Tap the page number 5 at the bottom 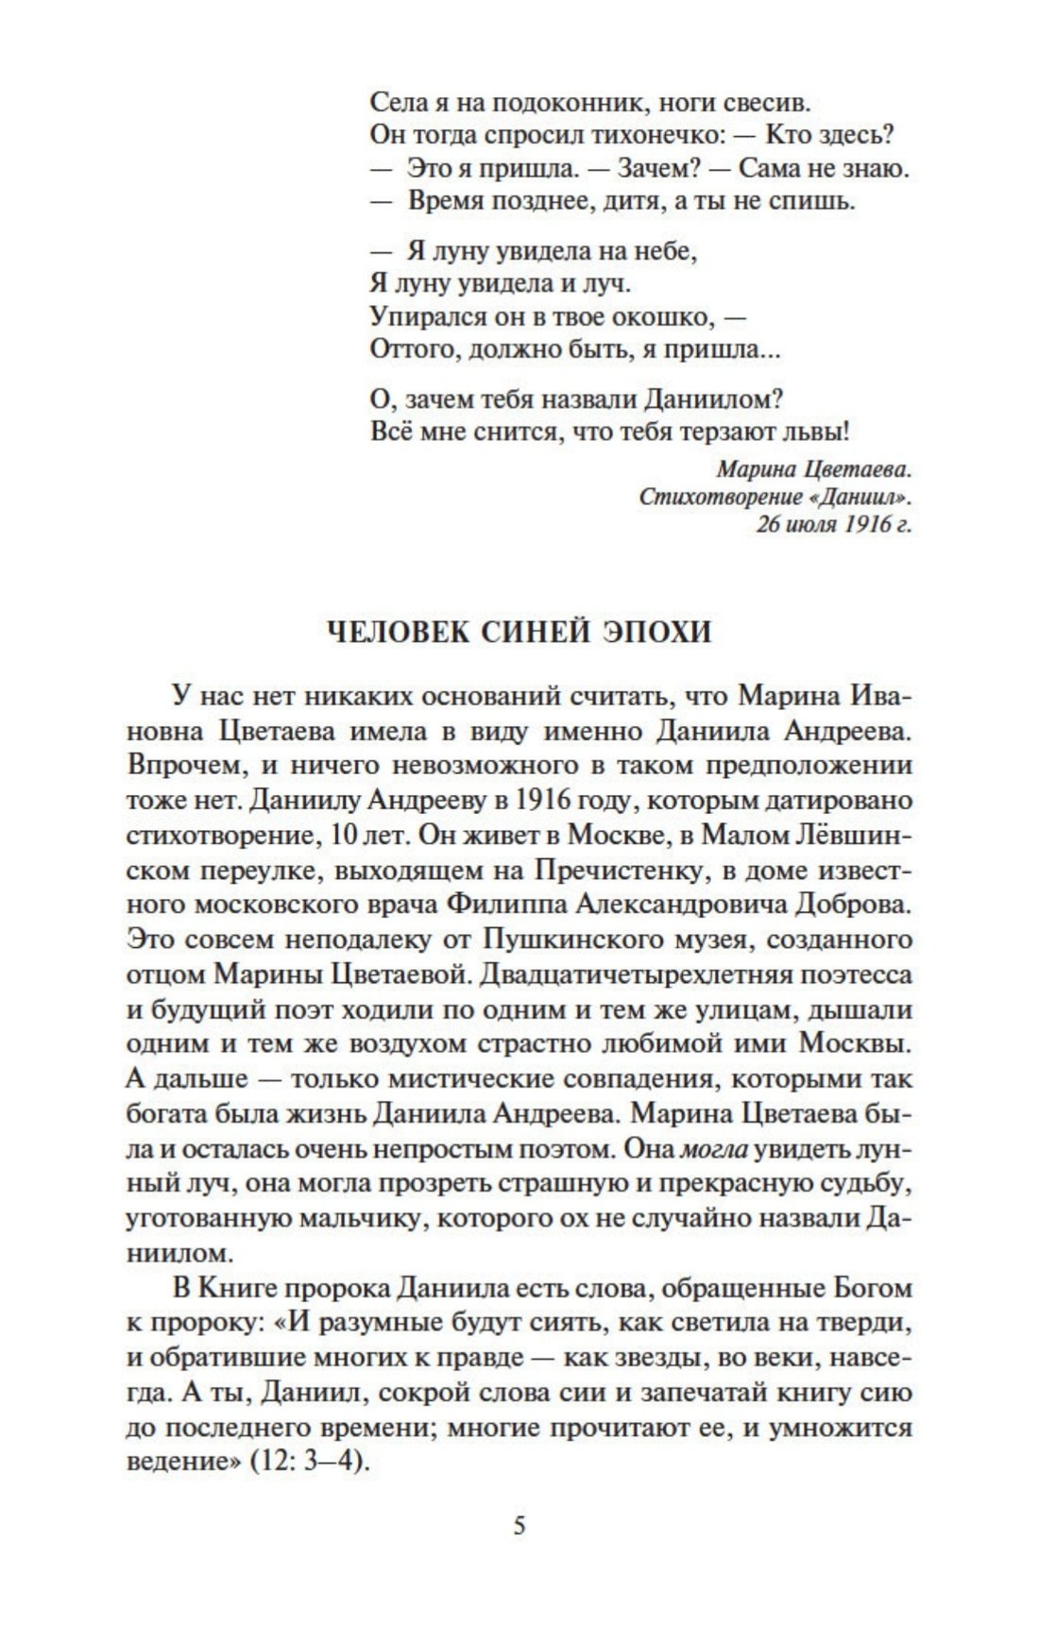[519, 1526]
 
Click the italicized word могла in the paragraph [714, 1149]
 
